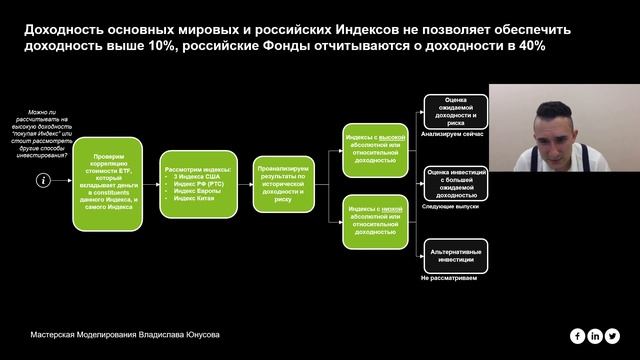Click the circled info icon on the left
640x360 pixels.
pos(42,180)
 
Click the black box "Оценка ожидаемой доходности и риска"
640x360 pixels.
pos(455,110)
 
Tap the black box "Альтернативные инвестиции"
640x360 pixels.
pos(455,254)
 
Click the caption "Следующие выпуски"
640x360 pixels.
pos(454,206)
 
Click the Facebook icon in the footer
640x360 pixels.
pos(578,335)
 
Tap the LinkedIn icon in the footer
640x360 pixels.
pos(596,335)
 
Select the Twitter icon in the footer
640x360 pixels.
pos(613,335)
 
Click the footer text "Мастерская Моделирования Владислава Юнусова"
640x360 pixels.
pos(124,335)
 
